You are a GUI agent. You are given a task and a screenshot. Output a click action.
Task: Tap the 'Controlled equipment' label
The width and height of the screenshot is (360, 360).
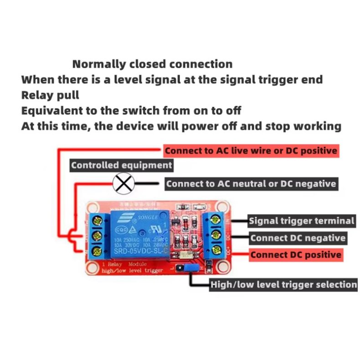click(121, 165)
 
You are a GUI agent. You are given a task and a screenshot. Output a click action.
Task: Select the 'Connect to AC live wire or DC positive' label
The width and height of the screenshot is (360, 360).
click(251, 150)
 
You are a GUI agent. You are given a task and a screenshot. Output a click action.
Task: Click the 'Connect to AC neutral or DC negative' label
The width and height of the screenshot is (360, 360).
click(251, 184)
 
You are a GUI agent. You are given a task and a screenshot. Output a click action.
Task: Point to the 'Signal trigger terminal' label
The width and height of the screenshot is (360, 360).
click(301, 221)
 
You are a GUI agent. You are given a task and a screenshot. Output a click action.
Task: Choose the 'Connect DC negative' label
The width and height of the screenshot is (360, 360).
click(298, 238)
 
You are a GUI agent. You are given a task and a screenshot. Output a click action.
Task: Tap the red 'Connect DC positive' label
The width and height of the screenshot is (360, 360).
click(295, 255)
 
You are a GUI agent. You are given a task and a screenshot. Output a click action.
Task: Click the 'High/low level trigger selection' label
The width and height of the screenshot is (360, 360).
click(283, 285)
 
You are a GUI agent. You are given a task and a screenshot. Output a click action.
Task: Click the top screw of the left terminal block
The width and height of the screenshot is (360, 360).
click(97, 221)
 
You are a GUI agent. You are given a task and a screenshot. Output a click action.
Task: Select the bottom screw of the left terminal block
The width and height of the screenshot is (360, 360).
click(97, 251)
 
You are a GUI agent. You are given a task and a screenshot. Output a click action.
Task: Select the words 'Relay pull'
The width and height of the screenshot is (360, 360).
click(50, 95)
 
